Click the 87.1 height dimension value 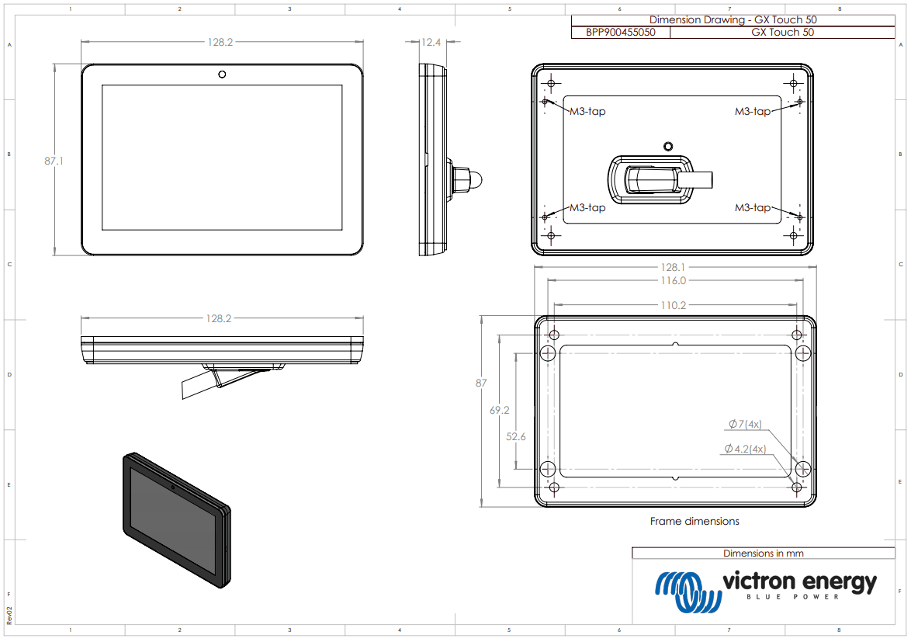(54, 161)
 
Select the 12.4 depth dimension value (431, 43)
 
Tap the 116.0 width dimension (673, 280)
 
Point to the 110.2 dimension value (673, 305)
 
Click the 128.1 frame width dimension (673, 267)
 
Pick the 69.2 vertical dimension (499, 410)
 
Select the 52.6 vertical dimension (516, 437)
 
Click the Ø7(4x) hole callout (745, 424)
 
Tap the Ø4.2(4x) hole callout (744, 449)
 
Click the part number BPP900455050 (620, 33)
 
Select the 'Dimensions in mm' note (763, 554)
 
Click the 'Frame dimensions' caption (695, 521)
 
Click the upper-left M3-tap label (587, 111)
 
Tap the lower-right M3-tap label (753, 207)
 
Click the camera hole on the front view (222, 75)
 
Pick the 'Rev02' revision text (9, 614)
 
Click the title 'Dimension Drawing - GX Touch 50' (733, 20)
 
